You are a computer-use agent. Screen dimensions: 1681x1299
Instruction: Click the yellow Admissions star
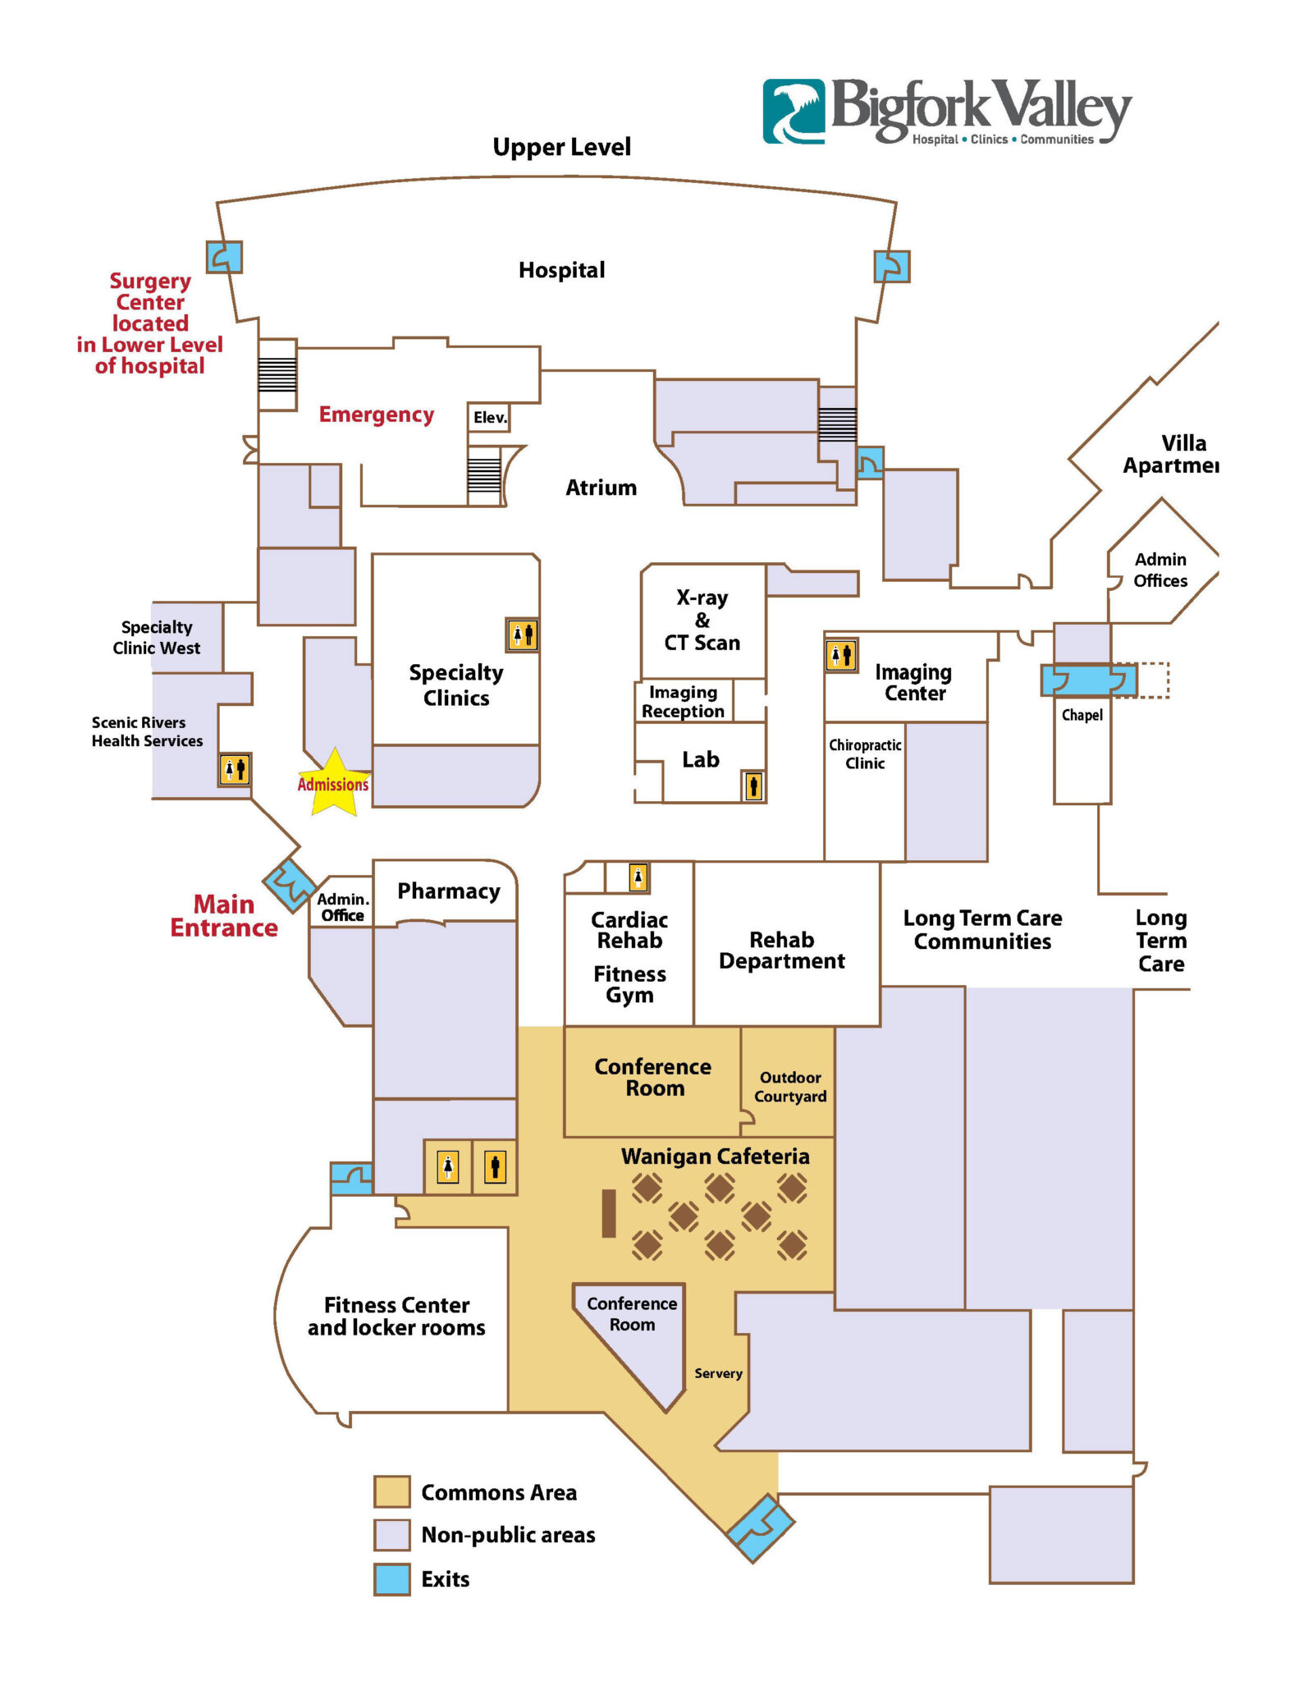click(333, 783)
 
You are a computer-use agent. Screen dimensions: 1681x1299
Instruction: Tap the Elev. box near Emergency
click(489, 417)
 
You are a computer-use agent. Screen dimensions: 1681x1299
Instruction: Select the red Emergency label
click(376, 415)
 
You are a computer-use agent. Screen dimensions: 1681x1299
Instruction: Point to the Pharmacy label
click(448, 891)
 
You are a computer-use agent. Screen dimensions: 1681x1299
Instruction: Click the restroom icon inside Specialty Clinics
click(522, 634)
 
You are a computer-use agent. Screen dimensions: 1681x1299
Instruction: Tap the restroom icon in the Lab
click(753, 786)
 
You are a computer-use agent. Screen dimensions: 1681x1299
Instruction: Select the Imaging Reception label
click(683, 702)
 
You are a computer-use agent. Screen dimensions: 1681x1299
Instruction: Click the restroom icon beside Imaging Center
click(841, 655)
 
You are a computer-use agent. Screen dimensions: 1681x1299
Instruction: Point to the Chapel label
click(1082, 715)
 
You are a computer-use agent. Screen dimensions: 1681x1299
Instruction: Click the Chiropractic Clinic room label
click(865, 753)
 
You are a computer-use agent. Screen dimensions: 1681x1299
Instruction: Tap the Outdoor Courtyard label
click(789, 1087)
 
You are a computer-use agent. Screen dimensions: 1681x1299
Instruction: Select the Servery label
click(718, 1373)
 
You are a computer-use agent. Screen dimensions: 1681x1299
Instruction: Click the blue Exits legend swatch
click(391, 1579)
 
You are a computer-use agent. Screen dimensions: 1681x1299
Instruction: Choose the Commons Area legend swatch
click(391, 1491)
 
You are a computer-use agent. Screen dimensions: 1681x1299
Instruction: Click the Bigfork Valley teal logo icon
click(794, 112)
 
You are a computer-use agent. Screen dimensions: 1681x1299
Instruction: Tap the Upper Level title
click(561, 147)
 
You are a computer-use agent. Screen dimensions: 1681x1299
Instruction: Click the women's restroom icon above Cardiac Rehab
click(638, 877)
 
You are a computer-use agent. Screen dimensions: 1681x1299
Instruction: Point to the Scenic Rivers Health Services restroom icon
click(235, 769)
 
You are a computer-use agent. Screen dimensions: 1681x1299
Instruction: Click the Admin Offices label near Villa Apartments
click(1159, 570)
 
